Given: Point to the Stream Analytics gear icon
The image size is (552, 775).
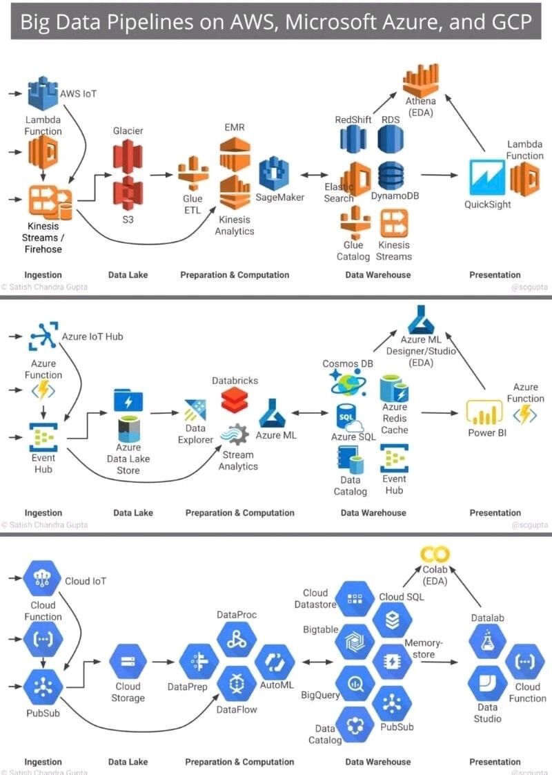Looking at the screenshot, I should point(235,434).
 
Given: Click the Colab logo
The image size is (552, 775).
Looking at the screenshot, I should point(435,554).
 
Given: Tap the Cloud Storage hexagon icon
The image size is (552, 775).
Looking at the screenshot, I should point(128,662).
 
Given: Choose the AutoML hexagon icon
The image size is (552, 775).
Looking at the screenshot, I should point(275,662).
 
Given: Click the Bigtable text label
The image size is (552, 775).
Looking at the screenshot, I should point(320,629).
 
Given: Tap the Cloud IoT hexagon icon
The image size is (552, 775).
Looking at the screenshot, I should point(43,581).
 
